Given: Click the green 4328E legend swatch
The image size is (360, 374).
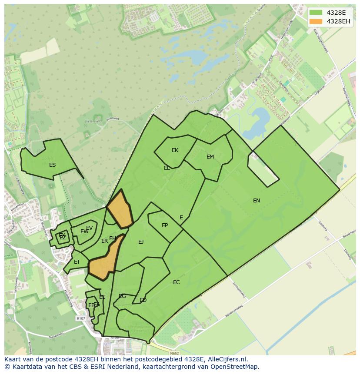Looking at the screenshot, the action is pos(316,13).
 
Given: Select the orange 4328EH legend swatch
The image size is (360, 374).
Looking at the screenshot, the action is pos(316,21).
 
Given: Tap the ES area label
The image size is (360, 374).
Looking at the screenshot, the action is pos(52,165).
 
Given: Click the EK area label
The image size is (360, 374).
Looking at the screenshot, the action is pos(175,150).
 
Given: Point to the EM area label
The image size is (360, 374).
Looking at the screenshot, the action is pos(210,157).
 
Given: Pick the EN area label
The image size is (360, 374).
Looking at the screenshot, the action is pos(257,200).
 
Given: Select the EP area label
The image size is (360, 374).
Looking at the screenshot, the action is pos(165,225).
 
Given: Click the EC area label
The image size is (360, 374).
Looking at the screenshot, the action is pos(176,282).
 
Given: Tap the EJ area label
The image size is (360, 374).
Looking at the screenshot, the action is pos(141,242).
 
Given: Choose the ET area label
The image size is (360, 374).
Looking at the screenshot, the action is pos(77,262).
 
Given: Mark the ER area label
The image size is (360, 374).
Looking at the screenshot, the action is pos(104,241).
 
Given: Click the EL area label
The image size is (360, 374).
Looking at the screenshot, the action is pos(167,168).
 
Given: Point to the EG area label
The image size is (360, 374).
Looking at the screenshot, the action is pos(122,296).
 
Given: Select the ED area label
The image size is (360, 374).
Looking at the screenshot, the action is pos(143,300).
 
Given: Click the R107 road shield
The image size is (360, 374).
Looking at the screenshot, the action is pos(81,318).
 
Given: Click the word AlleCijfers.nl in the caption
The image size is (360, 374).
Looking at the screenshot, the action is pos(226,359).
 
